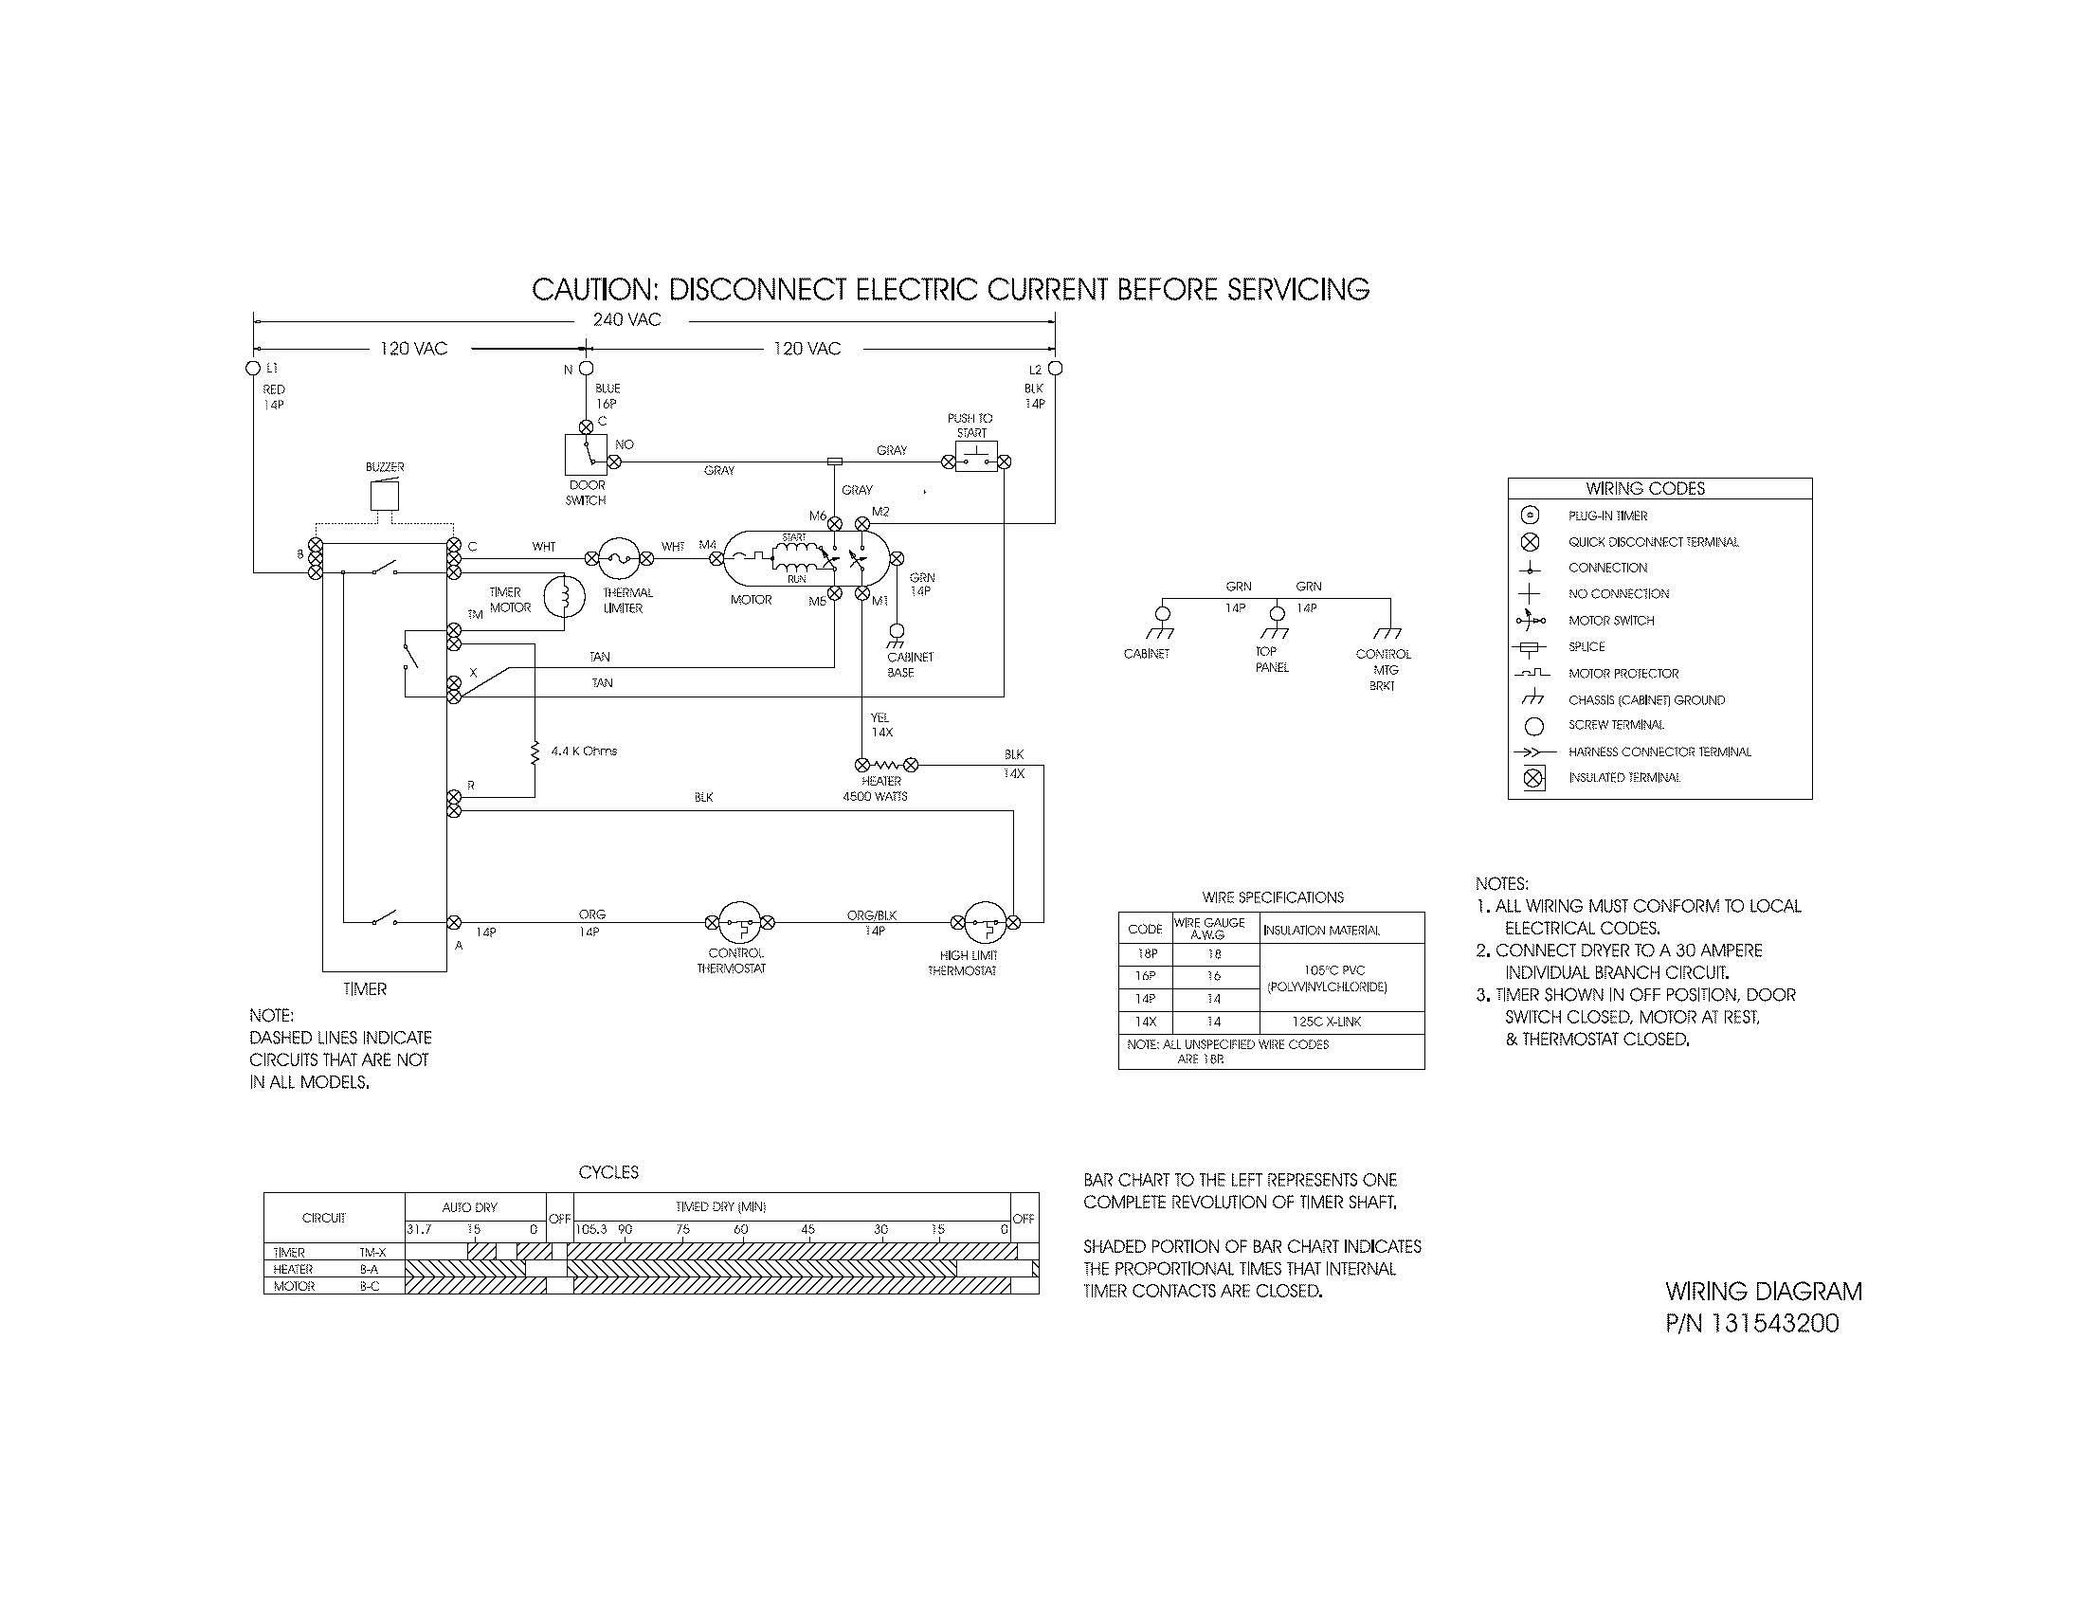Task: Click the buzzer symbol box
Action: [x=385, y=497]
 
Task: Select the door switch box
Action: [x=585, y=454]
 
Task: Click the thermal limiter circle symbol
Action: [x=619, y=558]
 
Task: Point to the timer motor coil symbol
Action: [x=564, y=596]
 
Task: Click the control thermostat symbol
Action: [x=739, y=922]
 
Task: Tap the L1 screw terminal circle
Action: [x=253, y=369]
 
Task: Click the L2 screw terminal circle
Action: [x=1055, y=369]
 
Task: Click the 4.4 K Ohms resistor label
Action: [x=583, y=751]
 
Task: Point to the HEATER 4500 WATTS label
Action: [x=876, y=788]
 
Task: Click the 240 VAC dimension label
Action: [x=626, y=319]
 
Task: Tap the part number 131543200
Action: [x=1775, y=1323]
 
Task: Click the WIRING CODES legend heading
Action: [x=1645, y=489]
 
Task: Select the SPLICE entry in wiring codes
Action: [x=1586, y=646]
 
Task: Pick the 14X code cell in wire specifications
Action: [x=1145, y=1022]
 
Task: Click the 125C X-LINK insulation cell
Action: [x=1326, y=1022]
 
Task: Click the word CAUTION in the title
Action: [x=591, y=289]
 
